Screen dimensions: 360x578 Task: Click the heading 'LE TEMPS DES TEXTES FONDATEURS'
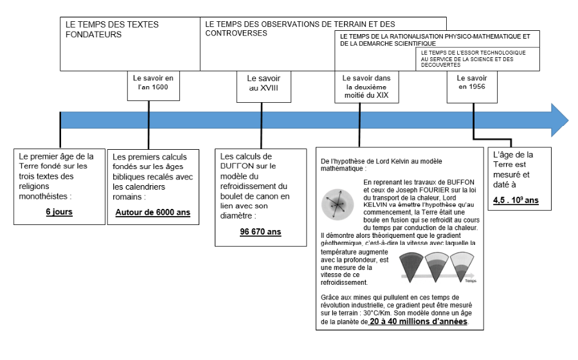(x=113, y=30)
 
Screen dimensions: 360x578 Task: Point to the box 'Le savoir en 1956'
(x=472, y=83)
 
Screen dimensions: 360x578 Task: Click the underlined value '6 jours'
(x=59, y=211)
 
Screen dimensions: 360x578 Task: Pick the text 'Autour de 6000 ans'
(x=153, y=213)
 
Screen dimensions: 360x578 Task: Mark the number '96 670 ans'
(x=260, y=232)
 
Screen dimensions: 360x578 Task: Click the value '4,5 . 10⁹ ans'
(x=516, y=201)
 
